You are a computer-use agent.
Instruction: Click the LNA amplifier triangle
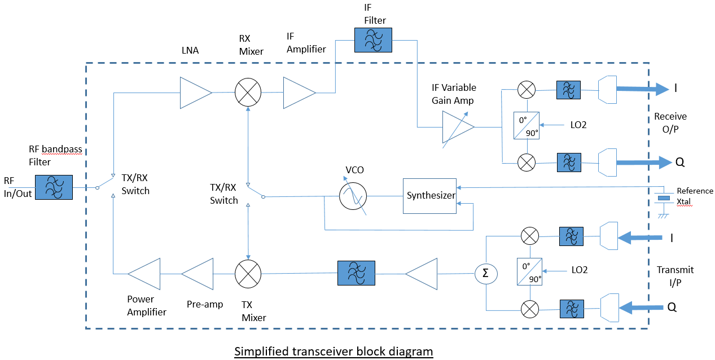195,92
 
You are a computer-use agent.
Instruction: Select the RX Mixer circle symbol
248,92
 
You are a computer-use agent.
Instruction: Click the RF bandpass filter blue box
54,187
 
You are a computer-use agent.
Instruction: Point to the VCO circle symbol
353,196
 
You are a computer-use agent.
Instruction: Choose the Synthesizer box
429,196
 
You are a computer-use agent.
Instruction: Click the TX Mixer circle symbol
248,274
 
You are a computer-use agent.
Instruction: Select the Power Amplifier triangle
145,274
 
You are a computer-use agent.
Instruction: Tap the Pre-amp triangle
199,274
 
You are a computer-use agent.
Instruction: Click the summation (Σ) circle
485,274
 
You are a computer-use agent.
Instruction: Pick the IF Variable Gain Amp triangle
457,127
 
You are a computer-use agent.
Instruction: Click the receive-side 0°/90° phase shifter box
527,126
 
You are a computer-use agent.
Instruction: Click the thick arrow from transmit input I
640,238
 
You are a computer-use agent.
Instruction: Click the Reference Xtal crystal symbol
664,198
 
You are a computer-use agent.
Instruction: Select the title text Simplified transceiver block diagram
334,352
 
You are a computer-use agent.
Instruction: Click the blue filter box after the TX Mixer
356,274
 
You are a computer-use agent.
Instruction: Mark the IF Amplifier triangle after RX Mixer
299,92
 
